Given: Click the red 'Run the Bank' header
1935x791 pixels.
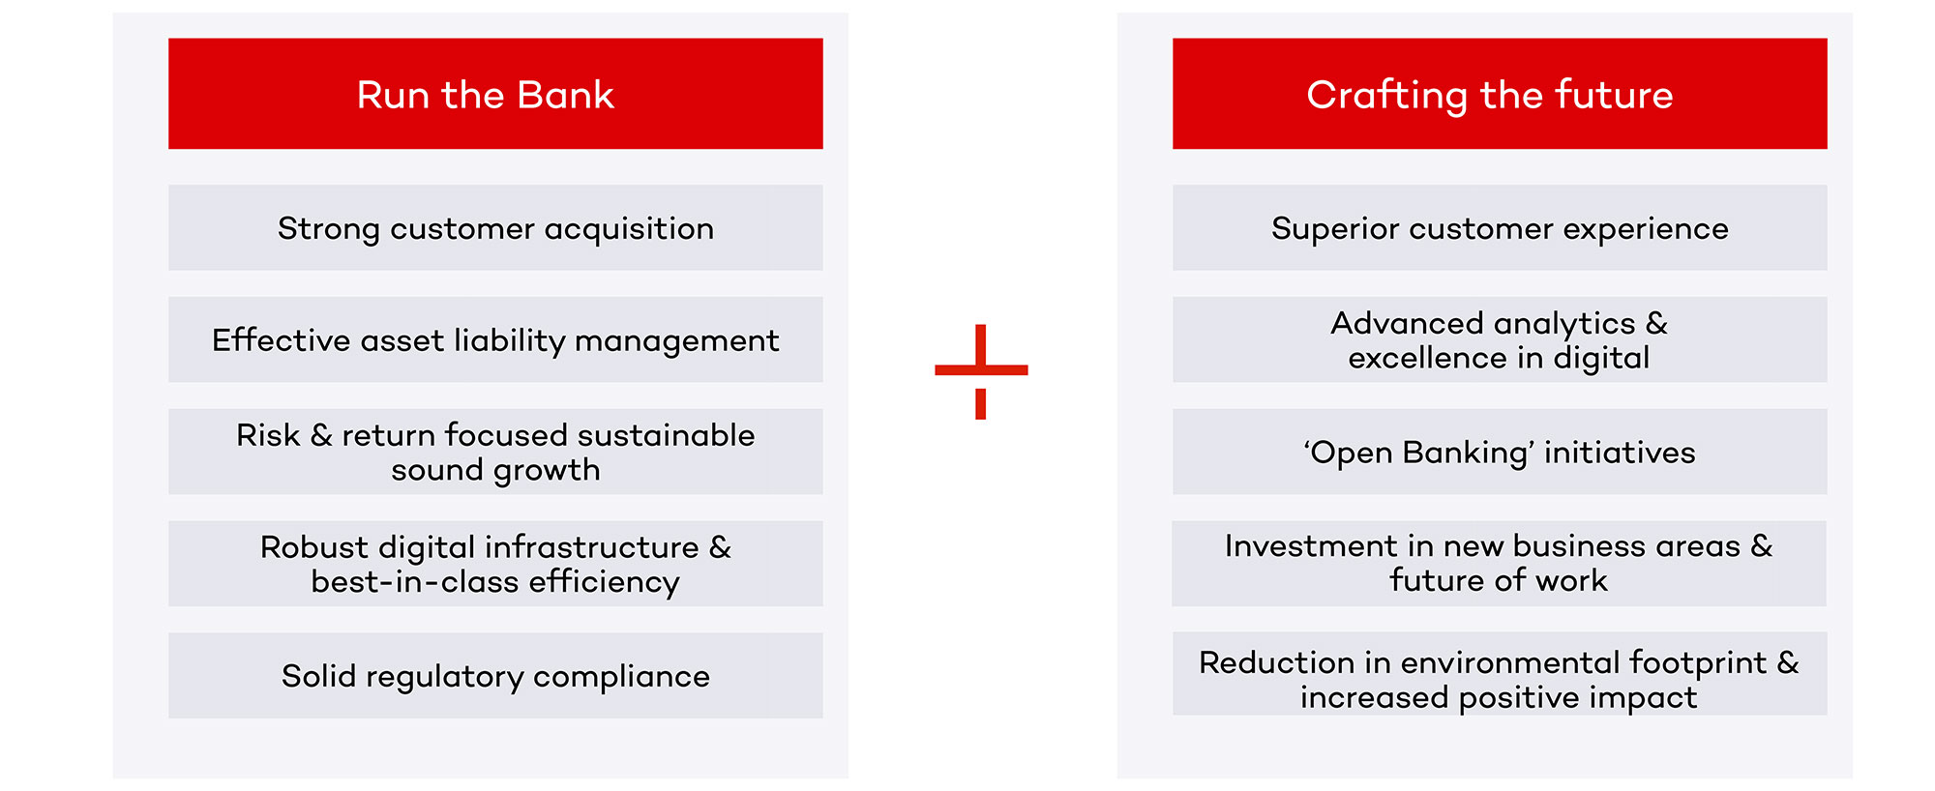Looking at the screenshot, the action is click(x=495, y=94).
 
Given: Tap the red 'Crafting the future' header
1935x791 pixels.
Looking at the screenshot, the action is click(x=1500, y=94).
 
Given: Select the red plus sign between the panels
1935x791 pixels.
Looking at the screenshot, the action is click(x=981, y=371).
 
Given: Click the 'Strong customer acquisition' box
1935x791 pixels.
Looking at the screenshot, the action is click(x=495, y=227).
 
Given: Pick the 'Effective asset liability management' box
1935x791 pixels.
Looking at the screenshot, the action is click(x=495, y=339).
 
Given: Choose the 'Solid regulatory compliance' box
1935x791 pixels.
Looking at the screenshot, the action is click(x=495, y=675).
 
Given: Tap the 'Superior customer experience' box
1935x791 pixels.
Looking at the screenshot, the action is click(x=1500, y=227).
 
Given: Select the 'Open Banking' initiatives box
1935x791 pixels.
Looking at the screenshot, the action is click(x=1500, y=452).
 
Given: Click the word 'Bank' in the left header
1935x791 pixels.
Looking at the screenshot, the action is click(x=565, y=95).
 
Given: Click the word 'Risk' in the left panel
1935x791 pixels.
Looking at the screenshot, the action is click(x=268, y=435).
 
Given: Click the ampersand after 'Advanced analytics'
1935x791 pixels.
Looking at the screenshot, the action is click(x=1656, y=323).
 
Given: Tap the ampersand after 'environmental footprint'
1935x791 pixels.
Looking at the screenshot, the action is click(x=1788, y=662).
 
